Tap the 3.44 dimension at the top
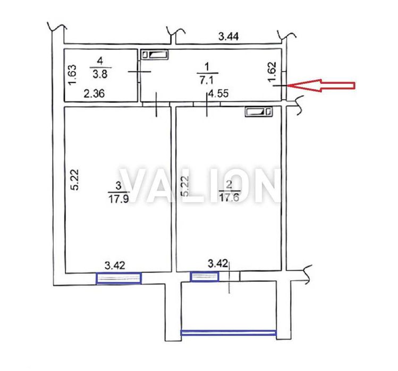click(228, 37)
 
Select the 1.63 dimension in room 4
click(72, 74)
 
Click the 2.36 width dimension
click(94, 93)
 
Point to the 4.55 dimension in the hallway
click(218, 93)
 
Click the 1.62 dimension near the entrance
click(272, 72)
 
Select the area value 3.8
click(100, 74)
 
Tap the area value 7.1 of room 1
click(206, 80)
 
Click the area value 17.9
click(118, 199)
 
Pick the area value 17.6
click(229, 197)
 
